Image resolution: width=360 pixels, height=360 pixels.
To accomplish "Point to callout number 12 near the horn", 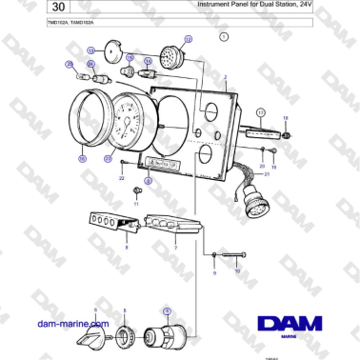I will tap(188, 39).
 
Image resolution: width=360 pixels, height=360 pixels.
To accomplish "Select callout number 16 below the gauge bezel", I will tap(82, 159).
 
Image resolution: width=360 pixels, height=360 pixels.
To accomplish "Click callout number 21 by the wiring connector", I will tap(268, 174).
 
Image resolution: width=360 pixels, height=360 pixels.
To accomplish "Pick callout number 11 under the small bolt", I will tap(135, 204).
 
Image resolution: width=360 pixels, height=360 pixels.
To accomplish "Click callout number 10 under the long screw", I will tap(238, 271).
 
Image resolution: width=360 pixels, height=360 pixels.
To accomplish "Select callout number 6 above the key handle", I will tap(95, 310).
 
